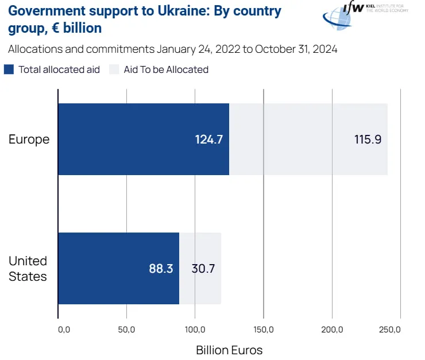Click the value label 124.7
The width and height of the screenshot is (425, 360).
[208, 140]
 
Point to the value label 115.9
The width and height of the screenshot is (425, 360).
[368, 140]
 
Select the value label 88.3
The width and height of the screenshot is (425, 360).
[161, 268]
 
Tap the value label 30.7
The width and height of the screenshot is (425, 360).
[203, 268]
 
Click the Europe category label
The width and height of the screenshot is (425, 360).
[29, 140]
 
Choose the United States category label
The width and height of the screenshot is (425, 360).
[28, 269]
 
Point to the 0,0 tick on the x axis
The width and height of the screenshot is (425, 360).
[64, 330]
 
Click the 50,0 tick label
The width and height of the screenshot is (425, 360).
[126, 330]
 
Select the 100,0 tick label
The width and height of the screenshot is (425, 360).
[195, 330]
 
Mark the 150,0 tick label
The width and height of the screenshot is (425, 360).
[263, 330]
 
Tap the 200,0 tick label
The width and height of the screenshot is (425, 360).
[332, 330]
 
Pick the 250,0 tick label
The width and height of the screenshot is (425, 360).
[391, 330]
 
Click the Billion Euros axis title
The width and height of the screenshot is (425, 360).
[229, 350]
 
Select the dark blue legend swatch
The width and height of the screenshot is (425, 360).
[9, 69]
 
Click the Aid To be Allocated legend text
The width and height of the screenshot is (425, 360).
[166, 69]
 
